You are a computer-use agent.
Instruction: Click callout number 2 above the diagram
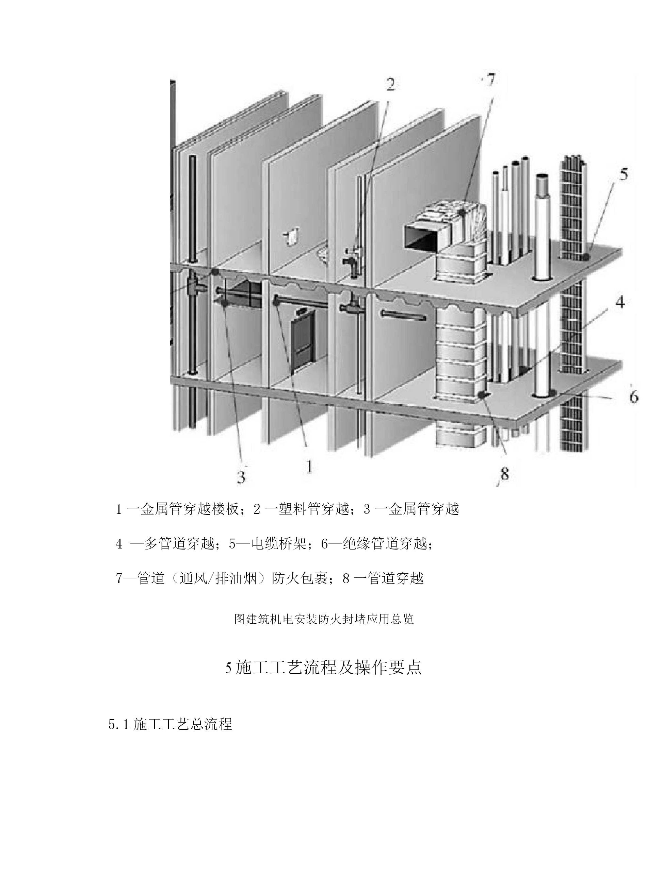[390, 85]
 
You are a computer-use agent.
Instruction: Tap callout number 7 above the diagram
[490, 81]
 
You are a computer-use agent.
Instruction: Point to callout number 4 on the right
[620, 303]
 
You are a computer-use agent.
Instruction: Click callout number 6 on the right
[633, 396]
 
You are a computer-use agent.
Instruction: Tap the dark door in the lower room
[303, 341]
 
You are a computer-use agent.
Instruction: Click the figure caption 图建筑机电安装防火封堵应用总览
[324, 619]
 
